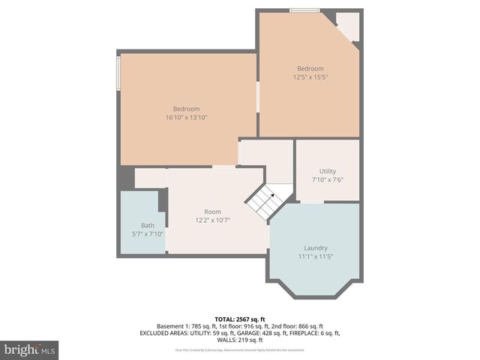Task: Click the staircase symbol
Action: click(269, 202)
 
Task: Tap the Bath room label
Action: click(148, 225)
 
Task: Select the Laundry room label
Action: click(315, 247)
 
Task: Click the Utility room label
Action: click(327, 171)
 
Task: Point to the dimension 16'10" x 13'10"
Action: click(187, 117)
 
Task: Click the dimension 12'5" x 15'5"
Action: click(310, 76)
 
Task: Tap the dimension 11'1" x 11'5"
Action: click(315, 256)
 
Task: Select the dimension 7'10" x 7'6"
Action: click(327, 180)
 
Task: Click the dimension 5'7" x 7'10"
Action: click(142, 234)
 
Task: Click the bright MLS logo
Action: click(29, 349)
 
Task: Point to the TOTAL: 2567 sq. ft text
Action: click(240, 319)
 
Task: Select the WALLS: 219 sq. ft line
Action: click(240, 340)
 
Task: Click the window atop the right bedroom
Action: click(300, 10)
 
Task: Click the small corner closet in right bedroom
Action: click(348, 24)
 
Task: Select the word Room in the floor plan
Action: click(212, 211)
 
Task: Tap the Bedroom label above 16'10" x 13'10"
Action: click(187, 109)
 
